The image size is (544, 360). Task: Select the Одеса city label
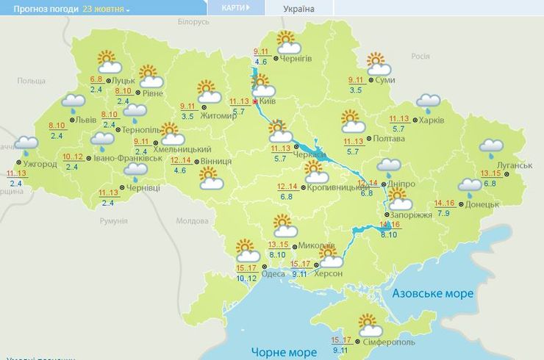[x=273, y=273]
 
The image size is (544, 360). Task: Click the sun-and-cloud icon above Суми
[x=376, y=62]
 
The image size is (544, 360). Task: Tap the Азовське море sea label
[x=432, y=293]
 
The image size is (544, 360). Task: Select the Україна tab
[x=298, y=9]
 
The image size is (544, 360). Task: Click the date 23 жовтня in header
[x=106, y=10]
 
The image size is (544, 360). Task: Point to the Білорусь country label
[x=193, y=23]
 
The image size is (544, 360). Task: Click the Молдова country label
[x=193, y=220]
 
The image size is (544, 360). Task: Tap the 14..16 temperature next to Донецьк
[x=444, y=204]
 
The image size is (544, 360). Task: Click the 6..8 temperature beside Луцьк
[x=96, y=79]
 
